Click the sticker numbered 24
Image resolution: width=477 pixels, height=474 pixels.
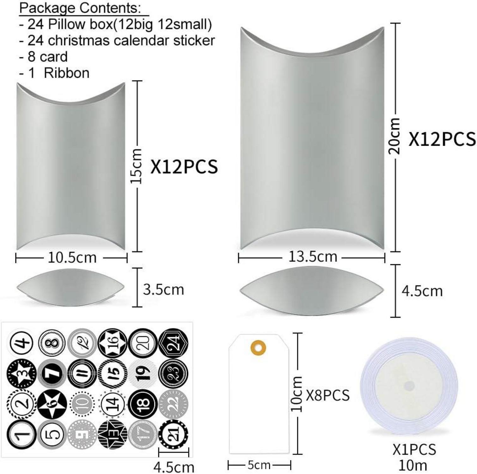pos(173,343)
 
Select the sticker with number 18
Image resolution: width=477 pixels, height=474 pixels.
pos(143,404)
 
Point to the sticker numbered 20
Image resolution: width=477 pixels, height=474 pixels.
pos(143,343)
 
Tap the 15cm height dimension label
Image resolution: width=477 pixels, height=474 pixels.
pos(137,166)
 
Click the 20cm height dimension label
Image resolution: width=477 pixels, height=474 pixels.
pos(394,136)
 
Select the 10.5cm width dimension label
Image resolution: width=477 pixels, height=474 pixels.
pos(72,258)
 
